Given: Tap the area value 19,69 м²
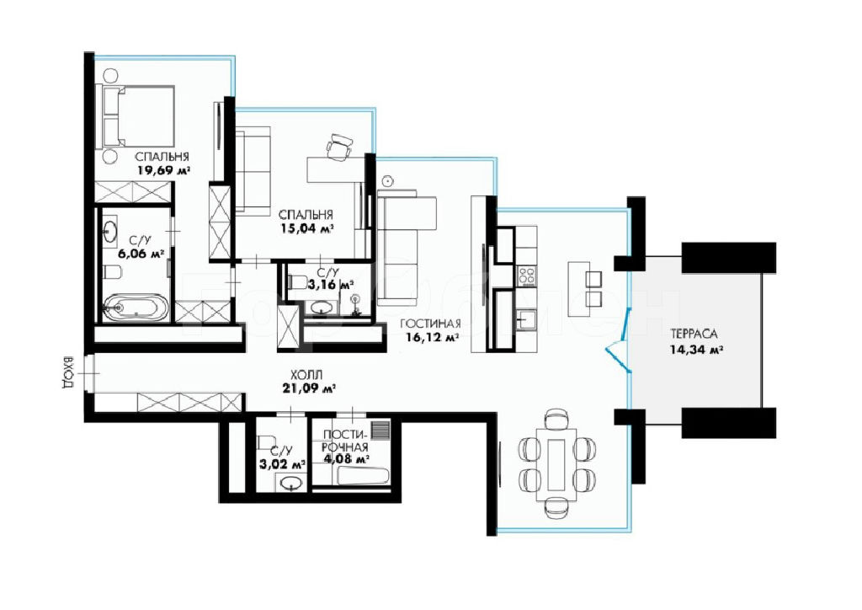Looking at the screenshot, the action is [x=164, y=170].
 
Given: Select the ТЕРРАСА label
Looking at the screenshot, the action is [x=694, y=334].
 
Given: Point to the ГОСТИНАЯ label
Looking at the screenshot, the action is [x=431, y=324].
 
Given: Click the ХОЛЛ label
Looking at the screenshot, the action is [x=306, y=375].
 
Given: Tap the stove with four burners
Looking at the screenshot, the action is [x=527, y=275].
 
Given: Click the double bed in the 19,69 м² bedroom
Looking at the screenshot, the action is [x=136, y=116].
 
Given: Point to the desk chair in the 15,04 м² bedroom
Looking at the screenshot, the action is [x=338, y=145].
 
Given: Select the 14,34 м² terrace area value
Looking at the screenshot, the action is [x=695, y=349].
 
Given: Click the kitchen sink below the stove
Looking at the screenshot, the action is [x=527, y=318].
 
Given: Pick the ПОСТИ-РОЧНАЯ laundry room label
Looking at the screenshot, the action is [x=345, y=440].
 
